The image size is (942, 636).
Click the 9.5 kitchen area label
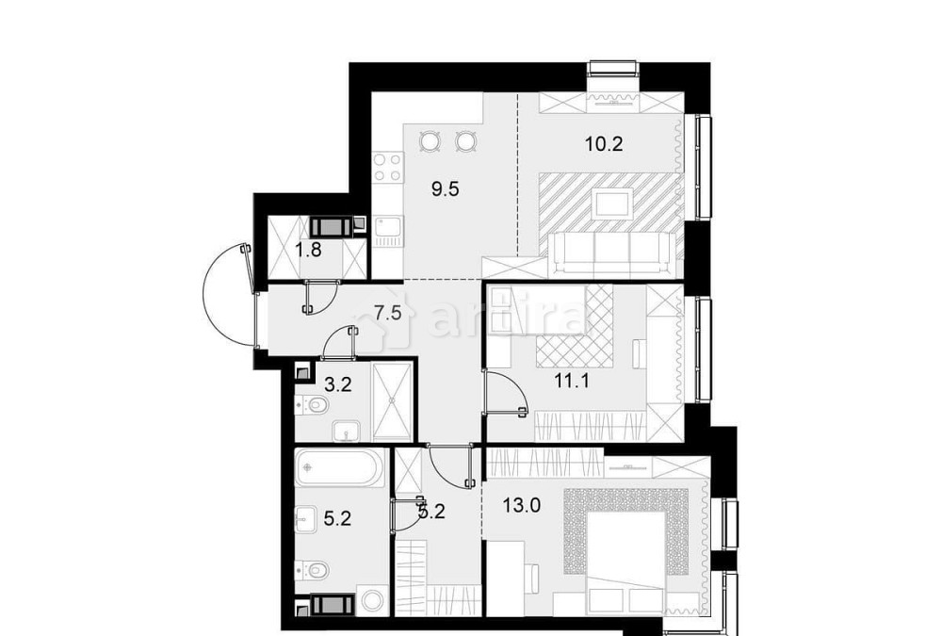pyautogui.click(x=445, y=188)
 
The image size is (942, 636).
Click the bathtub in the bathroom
pyautogui.click(x=339, y=467)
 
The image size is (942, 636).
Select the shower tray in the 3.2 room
pyautogui.click(x=391, y=401)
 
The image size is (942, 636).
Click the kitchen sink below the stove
pyautogui.click(x=386, y=228)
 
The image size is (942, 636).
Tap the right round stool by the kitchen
pyautogui.click(x=464, y=142)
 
